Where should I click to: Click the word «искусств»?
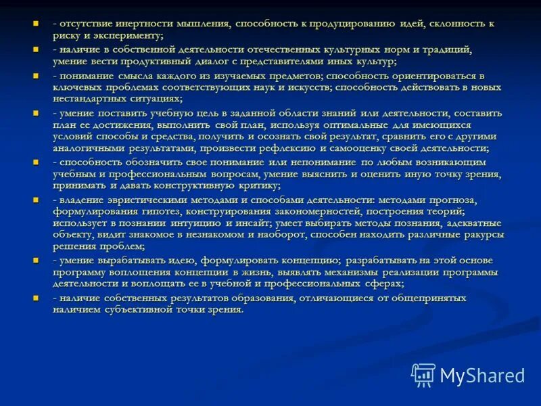[287, 87]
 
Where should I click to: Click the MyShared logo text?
[482, 375]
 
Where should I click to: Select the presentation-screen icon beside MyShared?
[423, 374]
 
